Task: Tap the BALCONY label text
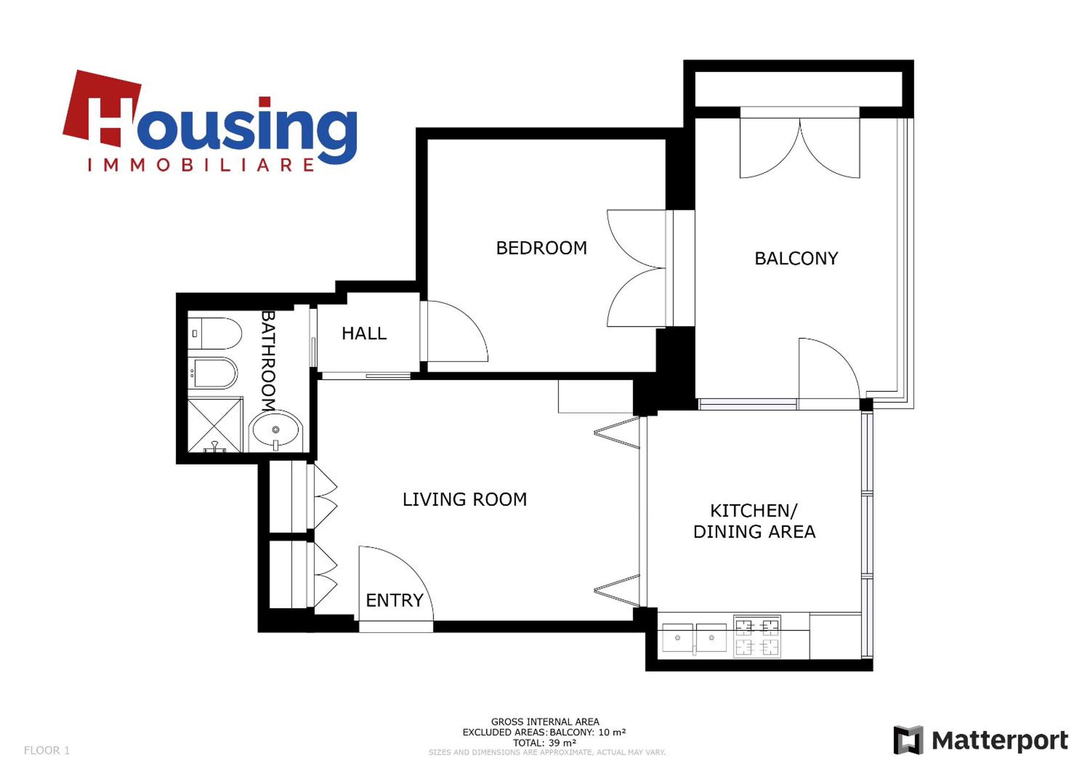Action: (796, 258)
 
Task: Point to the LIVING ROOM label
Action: (465, 500)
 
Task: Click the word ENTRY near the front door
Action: (395, 600)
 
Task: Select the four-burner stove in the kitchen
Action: (757, 636)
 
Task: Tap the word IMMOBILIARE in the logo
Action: (201, 165)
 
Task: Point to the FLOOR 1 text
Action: (47, 750)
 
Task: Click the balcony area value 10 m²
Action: (612, 732)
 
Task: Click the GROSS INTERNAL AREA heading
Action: (545, 722)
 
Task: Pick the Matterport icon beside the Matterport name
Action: (908, 740)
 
